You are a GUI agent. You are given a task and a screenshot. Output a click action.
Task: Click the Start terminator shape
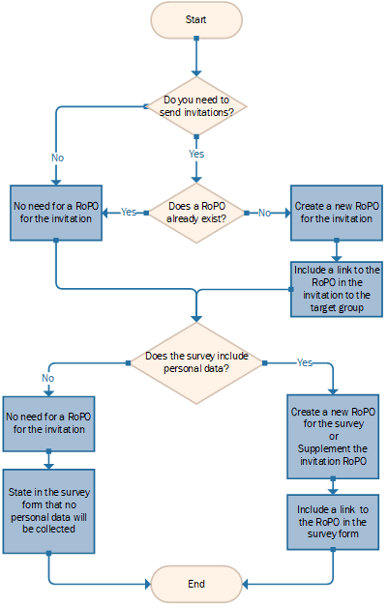pos(196,20)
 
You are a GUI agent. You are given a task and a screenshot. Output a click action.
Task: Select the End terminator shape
pos(196,584)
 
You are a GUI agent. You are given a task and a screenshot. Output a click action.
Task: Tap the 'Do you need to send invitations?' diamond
pos(196,106)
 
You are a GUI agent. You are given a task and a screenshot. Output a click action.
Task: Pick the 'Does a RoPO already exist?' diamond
pos(196,213)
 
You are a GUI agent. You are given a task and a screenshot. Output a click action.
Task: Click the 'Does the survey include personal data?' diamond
pos(196,362)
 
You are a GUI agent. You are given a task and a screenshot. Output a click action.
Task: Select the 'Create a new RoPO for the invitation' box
pos(337,213)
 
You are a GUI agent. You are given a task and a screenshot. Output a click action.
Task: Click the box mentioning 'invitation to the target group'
pos(337,289)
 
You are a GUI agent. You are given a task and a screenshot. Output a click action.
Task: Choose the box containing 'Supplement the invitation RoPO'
pos(333,437)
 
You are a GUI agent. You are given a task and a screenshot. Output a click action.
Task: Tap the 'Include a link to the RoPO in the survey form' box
pos(333,522)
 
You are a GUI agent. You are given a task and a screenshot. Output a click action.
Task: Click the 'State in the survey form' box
pos(48,511)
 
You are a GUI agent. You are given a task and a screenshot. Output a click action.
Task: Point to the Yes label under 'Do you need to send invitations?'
pos(196,154)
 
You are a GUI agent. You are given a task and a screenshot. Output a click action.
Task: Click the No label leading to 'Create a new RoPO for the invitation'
pos(264,213)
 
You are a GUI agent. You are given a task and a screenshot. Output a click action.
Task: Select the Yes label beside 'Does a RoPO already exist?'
pos(129,212)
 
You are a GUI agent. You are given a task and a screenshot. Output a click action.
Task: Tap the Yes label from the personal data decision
pos(305,362)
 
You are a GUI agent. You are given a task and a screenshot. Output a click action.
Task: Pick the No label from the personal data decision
pos(48,378)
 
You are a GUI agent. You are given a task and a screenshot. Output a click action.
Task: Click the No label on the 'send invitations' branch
pos(57,158)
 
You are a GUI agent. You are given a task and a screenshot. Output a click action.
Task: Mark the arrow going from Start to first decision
pos(196,57)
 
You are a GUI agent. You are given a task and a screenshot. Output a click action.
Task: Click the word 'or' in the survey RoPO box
pos(334,437)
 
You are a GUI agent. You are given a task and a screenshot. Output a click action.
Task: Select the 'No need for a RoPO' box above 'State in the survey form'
pos(48,423)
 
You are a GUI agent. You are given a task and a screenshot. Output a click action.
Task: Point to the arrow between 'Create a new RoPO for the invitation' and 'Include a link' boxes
pos(337,250)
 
